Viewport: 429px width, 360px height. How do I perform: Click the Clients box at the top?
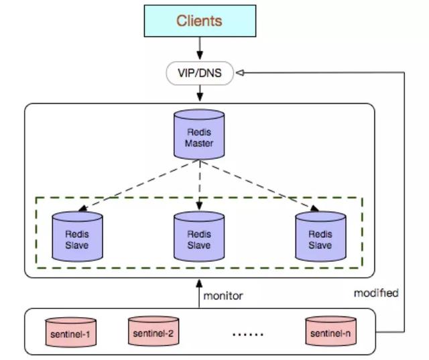pos(199,21)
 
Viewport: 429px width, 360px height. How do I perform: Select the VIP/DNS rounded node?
pos(199,74)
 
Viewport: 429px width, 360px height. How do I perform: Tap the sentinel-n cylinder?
pos(330,332)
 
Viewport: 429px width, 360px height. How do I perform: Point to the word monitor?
pos(223,295)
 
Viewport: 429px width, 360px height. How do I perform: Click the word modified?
pos(376,293)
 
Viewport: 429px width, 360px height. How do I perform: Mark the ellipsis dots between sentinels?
pos(248,334)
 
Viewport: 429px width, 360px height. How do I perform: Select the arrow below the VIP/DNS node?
pos(199,93)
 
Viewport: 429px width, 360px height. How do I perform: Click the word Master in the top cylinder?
pos(199,142)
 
